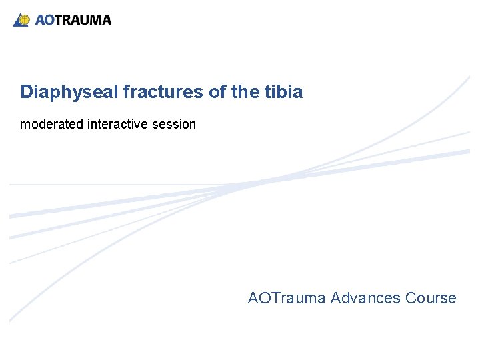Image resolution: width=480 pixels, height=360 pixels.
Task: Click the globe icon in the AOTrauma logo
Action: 23,20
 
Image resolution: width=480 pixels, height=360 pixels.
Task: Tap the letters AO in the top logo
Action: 45,20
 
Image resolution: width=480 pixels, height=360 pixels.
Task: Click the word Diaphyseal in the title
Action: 69,92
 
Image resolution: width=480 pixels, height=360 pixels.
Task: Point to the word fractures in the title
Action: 164,92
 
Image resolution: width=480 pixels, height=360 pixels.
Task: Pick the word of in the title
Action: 217,92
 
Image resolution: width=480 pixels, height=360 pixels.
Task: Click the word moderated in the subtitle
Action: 52,125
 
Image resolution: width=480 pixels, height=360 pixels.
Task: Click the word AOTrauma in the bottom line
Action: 287,298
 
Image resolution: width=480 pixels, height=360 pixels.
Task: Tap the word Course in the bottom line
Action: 431,298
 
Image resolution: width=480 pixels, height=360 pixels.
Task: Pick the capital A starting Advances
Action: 335,298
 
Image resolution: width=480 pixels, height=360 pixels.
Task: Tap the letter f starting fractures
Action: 127,92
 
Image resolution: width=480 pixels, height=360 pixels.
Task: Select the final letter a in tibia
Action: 298,93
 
